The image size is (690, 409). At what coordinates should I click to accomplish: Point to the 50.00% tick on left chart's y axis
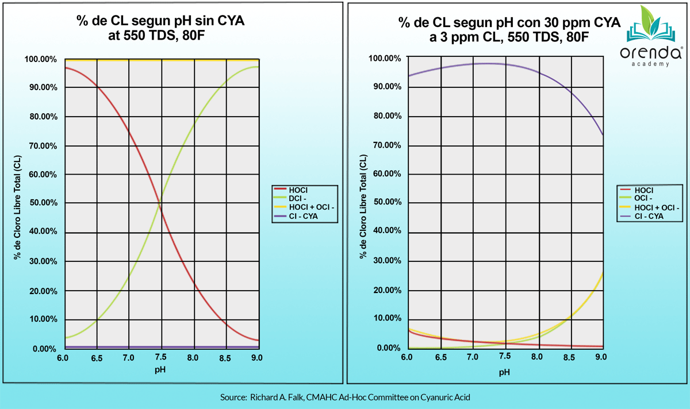[41, 203]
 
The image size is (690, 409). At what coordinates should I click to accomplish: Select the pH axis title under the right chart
[504, 372]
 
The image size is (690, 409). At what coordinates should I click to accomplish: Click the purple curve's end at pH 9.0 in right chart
[602, 135]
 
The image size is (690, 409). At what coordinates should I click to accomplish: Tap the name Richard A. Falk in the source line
[277, 398]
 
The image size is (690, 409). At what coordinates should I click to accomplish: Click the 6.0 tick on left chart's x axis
[63, 358]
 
